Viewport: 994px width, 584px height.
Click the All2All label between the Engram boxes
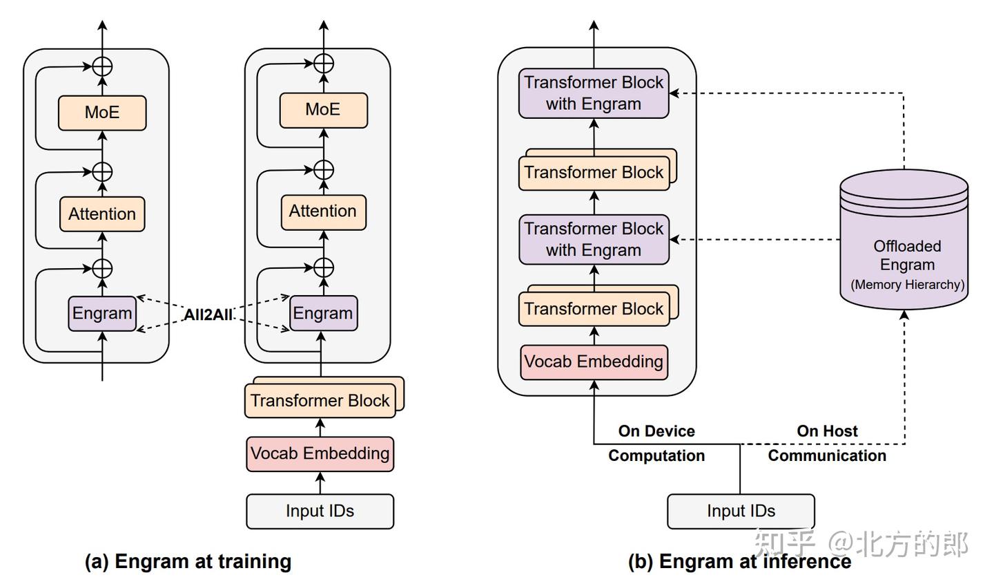click(x=208, y=314)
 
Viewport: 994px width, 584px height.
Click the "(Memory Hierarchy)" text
click(x=907, y=285)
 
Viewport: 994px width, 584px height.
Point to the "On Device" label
click(x=656, y=431)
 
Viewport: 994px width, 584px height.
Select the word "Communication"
click(x=827, y=455)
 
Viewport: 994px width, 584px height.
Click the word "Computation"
click(x=656, y=455)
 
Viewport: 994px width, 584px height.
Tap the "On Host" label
click(x=827, y=431)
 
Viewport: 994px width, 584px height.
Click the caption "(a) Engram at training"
click(x=188, y=561)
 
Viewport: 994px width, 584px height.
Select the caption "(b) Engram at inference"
click(x=739, y=561)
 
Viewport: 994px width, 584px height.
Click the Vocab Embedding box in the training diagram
click(x=320, y=454)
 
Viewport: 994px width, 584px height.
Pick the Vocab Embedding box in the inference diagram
click(x=594, y=362)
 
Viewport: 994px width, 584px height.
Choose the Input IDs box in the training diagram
click(x=320, y=511)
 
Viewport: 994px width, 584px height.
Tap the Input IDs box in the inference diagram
click(x=741, y=511)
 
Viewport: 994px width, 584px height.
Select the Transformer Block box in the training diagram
click(x=320, y=401)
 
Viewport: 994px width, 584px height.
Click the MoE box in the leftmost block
click(x=102, y=113)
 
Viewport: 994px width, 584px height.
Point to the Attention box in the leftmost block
click(x=102, y=214)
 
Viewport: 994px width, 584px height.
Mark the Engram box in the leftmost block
click(x=102, y=313)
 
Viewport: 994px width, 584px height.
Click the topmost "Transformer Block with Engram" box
click(x=594, y=93)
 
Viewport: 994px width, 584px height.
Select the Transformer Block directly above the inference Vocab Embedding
click(x=594, y=308)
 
